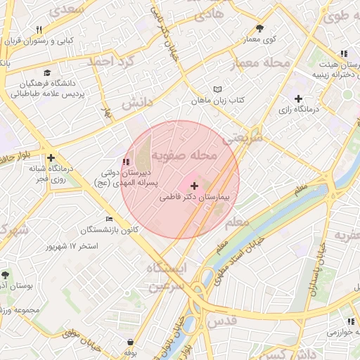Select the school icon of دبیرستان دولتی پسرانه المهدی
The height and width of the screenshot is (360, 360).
[127, 162]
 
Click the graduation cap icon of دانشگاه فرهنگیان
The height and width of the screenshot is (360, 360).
[47, 72]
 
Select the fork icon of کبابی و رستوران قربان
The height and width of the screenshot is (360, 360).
[39, 30]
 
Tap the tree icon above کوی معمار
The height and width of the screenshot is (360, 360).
[259, 29]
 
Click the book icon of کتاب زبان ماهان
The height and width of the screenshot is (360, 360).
[217, 90]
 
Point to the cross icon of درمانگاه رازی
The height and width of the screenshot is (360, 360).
[298, 98]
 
